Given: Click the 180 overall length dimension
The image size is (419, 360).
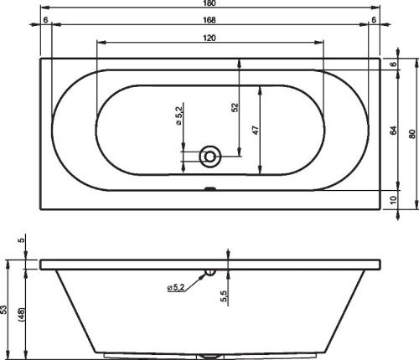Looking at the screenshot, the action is [x=209, y=3].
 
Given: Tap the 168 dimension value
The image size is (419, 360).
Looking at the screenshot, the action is [x=209, y=20].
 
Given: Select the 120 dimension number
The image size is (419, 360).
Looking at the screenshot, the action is [x=209, y=38].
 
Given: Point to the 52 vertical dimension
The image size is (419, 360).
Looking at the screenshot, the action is [x=235, y=107].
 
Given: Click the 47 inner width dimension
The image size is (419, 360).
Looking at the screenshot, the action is [x=256, y=130].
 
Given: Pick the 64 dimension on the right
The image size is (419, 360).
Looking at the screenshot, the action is [x=393, y=131].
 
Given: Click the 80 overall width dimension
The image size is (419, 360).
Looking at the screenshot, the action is [x=411, y=134].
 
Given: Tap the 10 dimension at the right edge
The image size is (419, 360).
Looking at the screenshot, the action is [x=393, y=200].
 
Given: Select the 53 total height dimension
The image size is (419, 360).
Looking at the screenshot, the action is [x=3, y=310].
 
